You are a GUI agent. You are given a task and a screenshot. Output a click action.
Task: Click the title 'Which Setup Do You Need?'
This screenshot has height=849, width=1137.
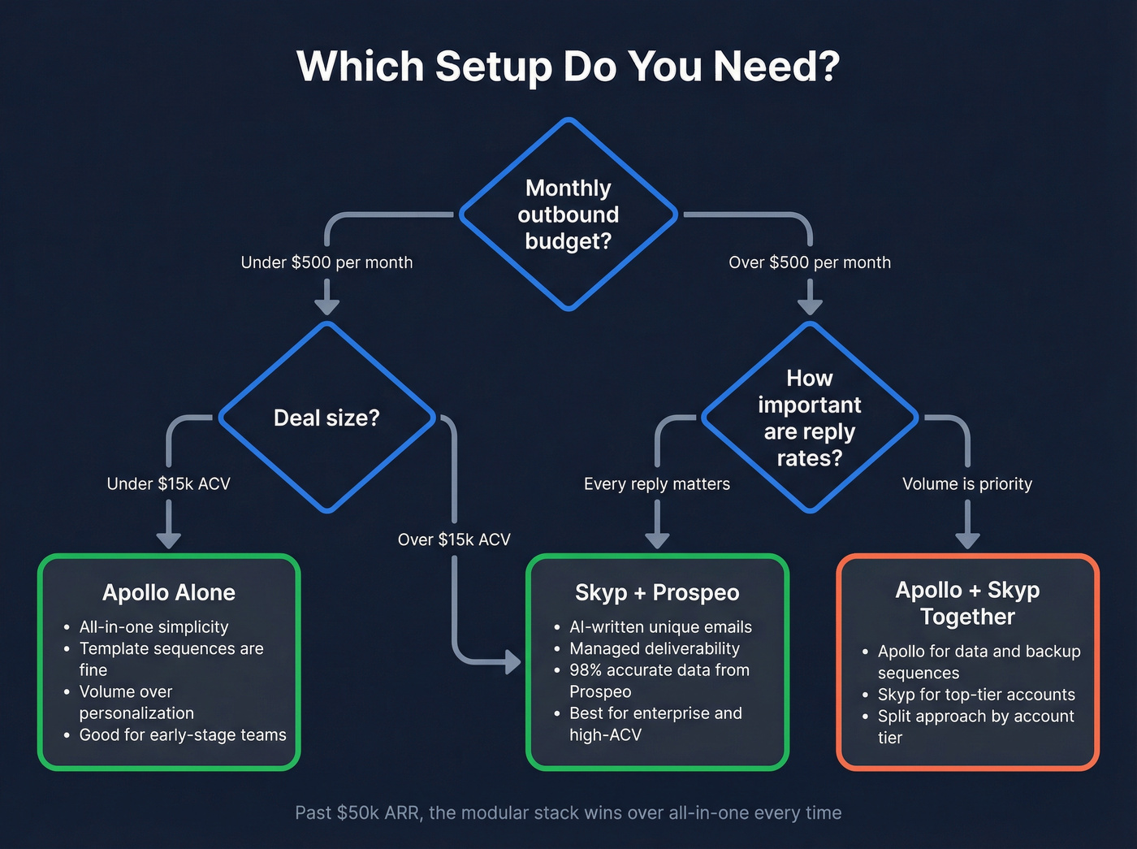568,67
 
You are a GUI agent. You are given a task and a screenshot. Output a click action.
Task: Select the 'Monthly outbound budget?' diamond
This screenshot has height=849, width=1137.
568,214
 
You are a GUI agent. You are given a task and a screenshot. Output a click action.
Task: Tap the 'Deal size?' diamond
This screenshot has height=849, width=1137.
326,418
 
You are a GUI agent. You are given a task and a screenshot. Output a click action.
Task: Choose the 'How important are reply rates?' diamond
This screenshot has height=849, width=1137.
809,418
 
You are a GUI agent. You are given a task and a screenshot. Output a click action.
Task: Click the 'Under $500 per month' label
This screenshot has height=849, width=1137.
326,262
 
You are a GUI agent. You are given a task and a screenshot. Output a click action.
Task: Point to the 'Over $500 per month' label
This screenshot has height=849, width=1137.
809,262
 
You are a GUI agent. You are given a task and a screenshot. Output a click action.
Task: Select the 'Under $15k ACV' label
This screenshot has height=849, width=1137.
168,484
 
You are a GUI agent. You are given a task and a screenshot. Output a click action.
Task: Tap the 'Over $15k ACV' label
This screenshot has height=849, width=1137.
454,539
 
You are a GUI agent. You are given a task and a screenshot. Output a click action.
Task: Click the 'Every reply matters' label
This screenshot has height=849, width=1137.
656,484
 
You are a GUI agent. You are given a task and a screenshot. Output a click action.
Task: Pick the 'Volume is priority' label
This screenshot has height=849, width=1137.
966,484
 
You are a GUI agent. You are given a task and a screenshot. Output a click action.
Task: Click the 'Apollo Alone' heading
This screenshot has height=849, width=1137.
168,592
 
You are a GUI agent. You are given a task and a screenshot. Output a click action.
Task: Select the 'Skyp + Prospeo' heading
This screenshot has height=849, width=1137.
656,592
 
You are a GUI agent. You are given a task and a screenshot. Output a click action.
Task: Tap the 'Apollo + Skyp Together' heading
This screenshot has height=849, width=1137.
966,603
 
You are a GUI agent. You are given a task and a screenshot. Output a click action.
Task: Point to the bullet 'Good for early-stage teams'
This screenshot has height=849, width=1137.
183,735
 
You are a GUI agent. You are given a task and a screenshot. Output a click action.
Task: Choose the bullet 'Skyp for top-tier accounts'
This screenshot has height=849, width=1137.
975,695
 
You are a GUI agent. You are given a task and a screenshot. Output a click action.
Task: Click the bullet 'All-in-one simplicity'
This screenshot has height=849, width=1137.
153,627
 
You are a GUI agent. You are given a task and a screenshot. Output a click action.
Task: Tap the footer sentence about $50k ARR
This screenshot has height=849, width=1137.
568,812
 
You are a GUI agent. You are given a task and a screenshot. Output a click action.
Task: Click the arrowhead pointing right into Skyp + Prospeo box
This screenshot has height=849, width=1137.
512,661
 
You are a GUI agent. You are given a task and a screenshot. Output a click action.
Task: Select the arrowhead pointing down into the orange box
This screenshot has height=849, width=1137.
966,540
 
